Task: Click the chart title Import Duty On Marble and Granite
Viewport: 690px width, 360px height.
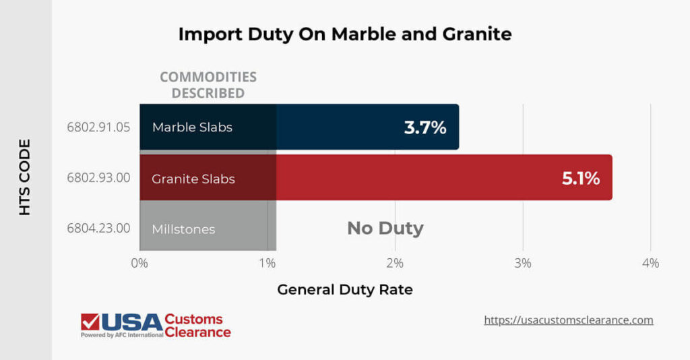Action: (x=344, y=34)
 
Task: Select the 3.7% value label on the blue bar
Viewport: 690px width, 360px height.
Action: (x=425, y=127)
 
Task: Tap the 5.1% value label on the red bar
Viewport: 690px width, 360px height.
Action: (x=580, y=178)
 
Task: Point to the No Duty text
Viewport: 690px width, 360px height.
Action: (x=385, y=229)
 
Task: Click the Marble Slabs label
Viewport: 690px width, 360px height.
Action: (x=192, y=127)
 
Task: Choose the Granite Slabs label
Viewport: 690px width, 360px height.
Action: (x=193, y=179)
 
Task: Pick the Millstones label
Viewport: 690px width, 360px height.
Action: (x=183, y=229)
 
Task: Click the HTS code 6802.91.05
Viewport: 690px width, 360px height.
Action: (x=98, y=127)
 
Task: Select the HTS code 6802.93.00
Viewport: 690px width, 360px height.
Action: (x=98, y=178)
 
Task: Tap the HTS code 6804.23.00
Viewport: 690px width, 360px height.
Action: (x=98, y=229)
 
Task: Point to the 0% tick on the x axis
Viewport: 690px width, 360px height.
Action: (x=139, y=263)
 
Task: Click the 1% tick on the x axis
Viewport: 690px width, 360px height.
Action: (x=268, y=263)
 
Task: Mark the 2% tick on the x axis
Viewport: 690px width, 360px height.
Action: (x=395, y=263)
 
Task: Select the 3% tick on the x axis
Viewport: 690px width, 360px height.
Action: (x=523, y=263)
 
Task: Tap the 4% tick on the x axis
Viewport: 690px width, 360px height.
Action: (x=650, y=263)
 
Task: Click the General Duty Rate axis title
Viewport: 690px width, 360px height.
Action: (x=344, y=290)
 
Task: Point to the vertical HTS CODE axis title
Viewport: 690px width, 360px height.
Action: (x=25, y=177)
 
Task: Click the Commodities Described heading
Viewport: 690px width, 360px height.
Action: (x=208, y=85)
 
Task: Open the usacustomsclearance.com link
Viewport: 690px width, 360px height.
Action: (x=569, y=320)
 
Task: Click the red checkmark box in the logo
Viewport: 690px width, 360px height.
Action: (x=90, y=322)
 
